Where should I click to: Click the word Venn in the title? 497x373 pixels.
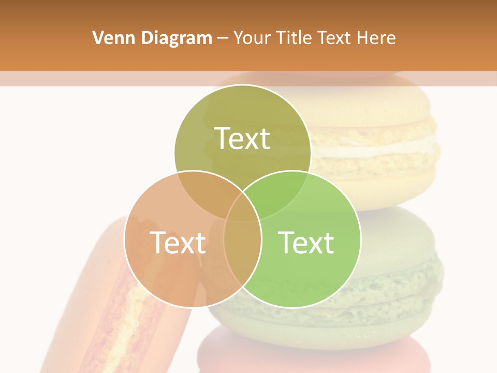click(x=110, y=38)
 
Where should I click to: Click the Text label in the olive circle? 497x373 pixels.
click(x=242, y=138)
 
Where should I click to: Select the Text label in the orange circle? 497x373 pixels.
click(x=178, y=242)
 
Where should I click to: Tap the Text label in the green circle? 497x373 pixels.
click(x=306, y=242)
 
